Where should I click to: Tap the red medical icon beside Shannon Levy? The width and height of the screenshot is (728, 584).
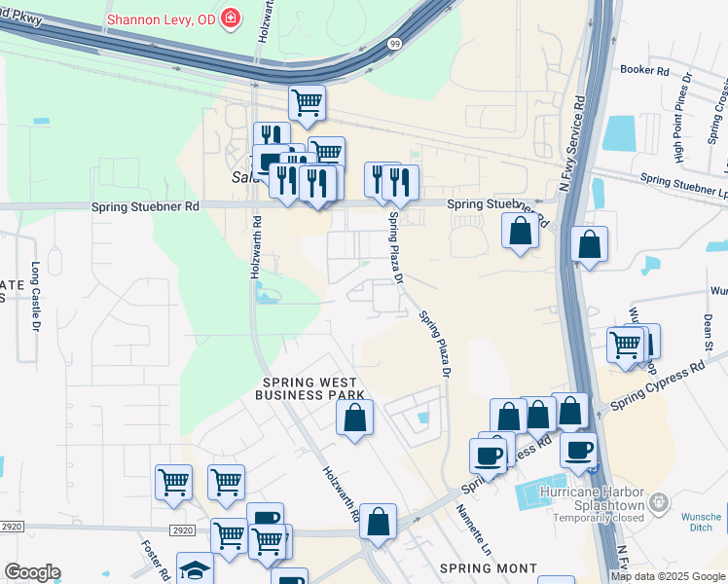tap(231, 18)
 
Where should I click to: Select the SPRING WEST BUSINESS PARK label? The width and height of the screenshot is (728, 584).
tap(309, 387)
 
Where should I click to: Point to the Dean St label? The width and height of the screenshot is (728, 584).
tap(709, 332)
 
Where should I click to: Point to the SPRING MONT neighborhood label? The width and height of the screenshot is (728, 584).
tap(488, 567)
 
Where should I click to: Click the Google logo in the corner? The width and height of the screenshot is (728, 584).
tap(31, 572)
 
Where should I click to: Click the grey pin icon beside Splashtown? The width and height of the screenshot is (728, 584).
tap(659, 502)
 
